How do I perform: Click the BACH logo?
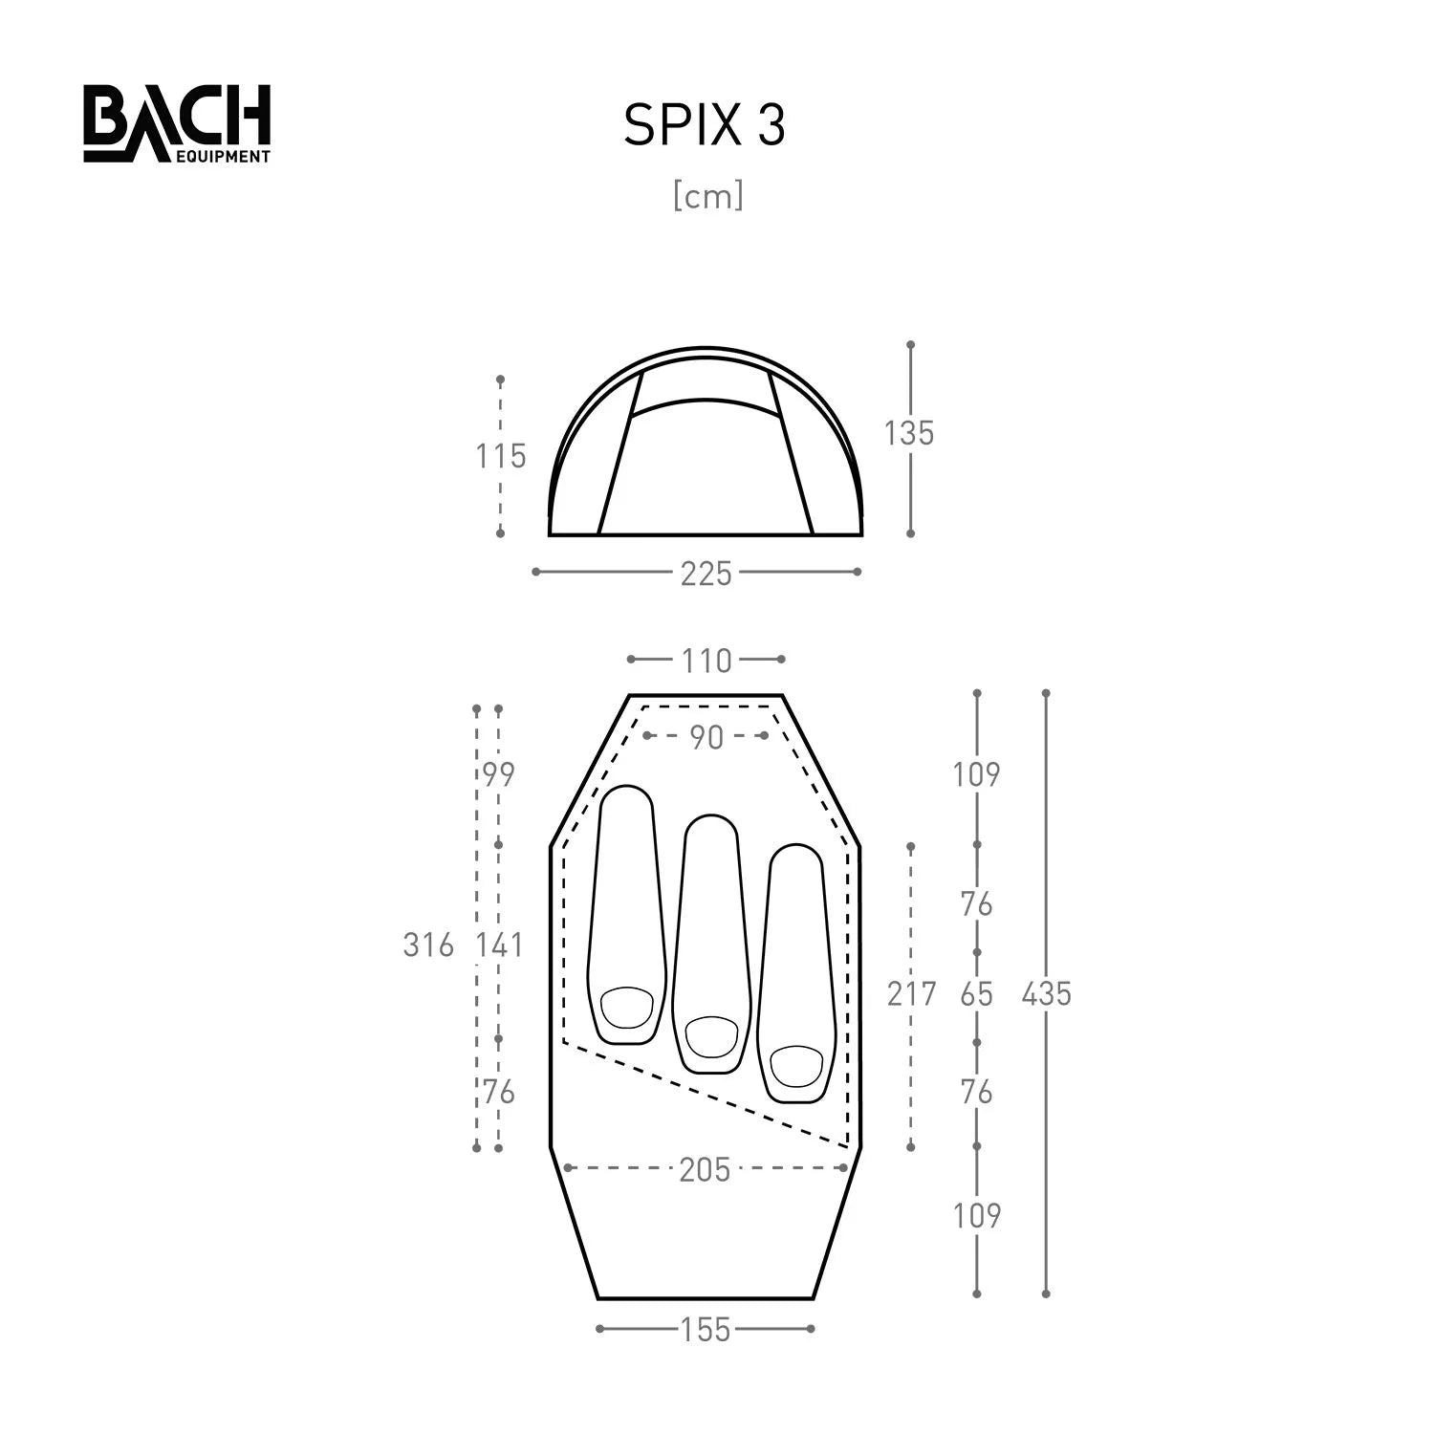177,117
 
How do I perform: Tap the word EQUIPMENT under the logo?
223,156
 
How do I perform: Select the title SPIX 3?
705,125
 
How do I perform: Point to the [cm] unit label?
707,196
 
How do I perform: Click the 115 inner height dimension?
501,456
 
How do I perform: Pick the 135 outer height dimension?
908,433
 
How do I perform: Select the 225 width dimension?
706,574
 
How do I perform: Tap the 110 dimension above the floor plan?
706,661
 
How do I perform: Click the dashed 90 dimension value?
706,737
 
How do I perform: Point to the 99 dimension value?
498,774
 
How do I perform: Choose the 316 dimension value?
428,945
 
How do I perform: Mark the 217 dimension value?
911,994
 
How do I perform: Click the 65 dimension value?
976,994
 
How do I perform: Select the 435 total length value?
1046,994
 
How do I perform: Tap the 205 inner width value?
705,1169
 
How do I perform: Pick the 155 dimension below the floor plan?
706,1330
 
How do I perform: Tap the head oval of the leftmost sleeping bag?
627,1007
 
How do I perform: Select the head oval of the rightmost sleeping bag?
795,1066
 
